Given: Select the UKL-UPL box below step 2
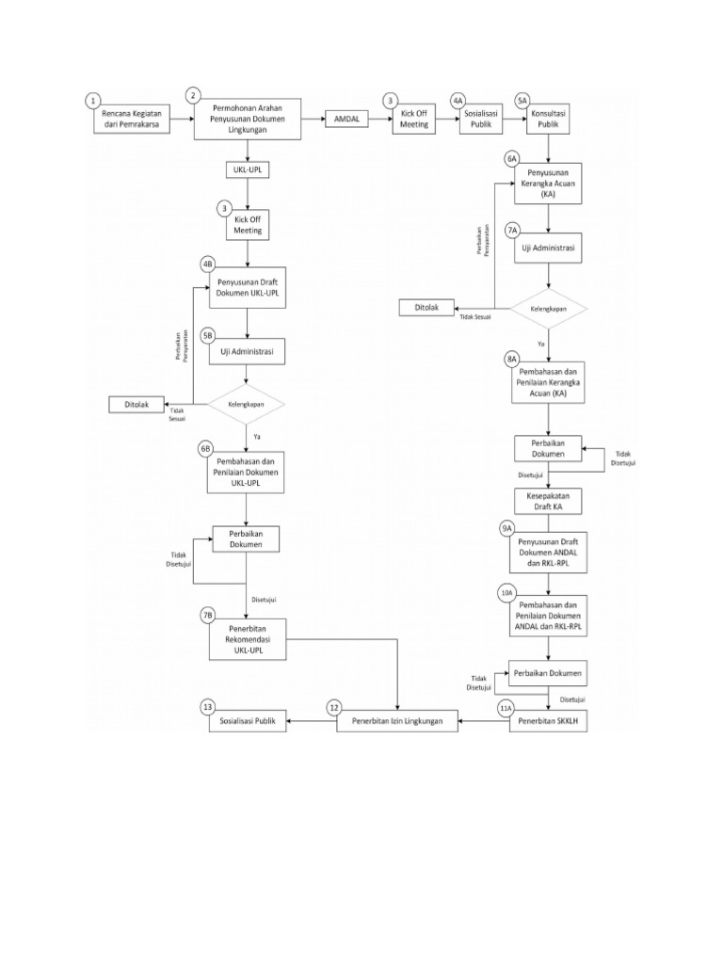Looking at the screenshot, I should tap(247, 169).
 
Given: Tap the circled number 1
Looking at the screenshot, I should tap(92, 99).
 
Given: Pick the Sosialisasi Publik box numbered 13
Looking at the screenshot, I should tap(247, 722).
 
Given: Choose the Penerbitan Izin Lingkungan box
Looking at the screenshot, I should tap(398, 722).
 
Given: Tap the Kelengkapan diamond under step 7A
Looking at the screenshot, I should tap(549, 307).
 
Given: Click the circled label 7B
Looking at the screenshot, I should tap(208, 615).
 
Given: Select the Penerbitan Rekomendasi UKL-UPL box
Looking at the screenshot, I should tap(247, 639).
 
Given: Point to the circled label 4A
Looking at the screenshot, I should tap(458, 99).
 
